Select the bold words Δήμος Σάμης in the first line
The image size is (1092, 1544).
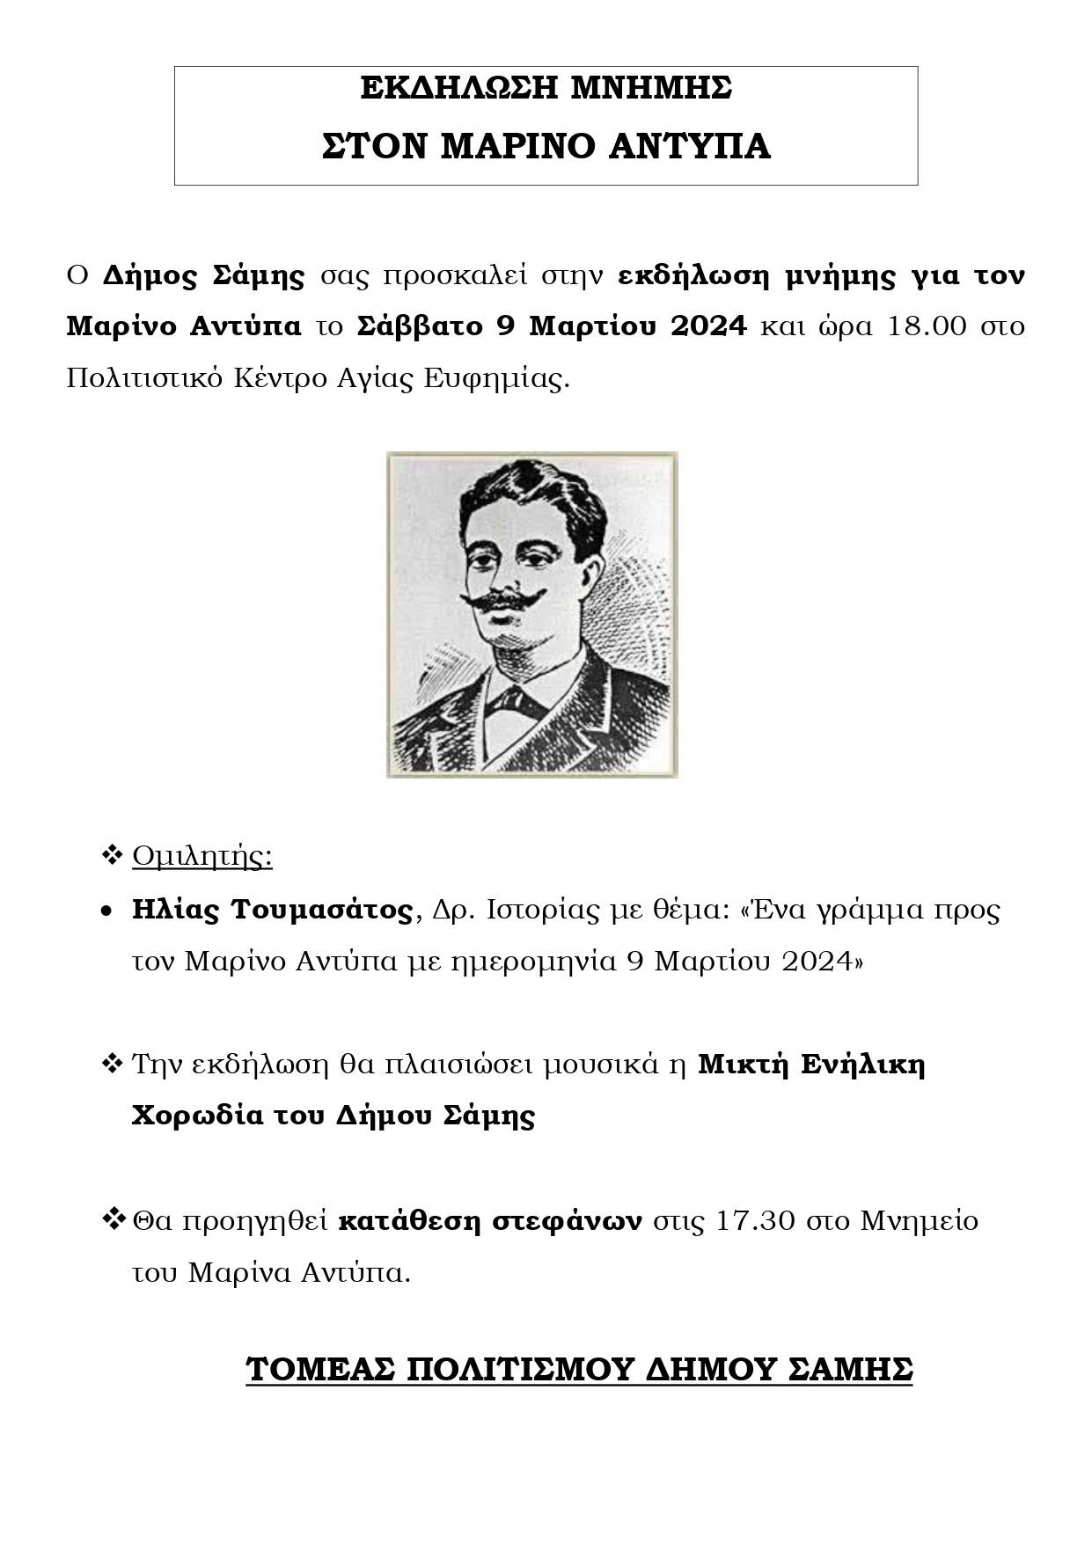203,275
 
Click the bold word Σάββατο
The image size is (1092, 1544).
421,326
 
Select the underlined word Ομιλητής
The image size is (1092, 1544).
202,857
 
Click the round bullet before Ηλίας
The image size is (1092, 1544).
106,912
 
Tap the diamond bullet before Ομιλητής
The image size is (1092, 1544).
112,854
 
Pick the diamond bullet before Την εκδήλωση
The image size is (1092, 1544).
112,1065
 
